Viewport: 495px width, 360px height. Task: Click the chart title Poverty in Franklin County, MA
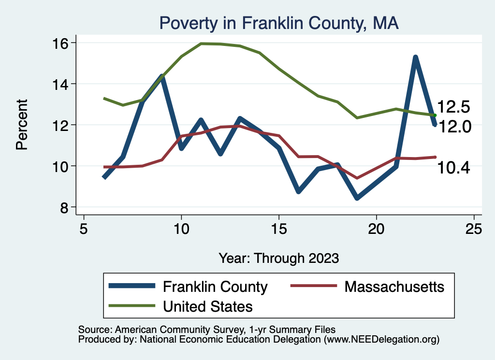pos(279,23)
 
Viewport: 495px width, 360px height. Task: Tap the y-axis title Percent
pos(22,125)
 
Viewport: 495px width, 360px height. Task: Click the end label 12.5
pos(453,107)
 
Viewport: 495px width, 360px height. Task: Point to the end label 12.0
pos(453,127)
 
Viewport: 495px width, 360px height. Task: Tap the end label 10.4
pos(453,168)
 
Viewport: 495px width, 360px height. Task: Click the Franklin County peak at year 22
pos(415,58)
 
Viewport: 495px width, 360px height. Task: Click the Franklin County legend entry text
pos(215,287)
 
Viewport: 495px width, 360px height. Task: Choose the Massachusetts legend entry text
pos(394,287)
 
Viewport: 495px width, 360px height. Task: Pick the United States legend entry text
pos(208,306)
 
